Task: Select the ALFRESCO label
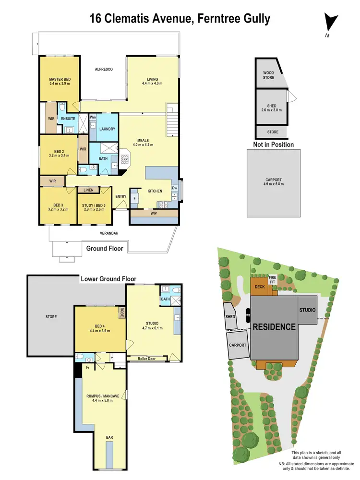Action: click(103, 70)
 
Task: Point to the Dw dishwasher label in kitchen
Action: click(174, 188)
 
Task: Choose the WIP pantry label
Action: click(154, 213)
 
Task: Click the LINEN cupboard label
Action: click(88, 191)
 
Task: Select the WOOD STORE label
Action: click(268, 75)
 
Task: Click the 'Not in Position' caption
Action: click(273, 144)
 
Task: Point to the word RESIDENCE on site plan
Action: click(274, 327)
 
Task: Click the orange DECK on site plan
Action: click(260, 287)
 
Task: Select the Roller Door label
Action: click(148, 358)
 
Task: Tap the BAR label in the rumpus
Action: click(110, 437)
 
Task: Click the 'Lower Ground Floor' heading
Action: click(108, 278)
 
